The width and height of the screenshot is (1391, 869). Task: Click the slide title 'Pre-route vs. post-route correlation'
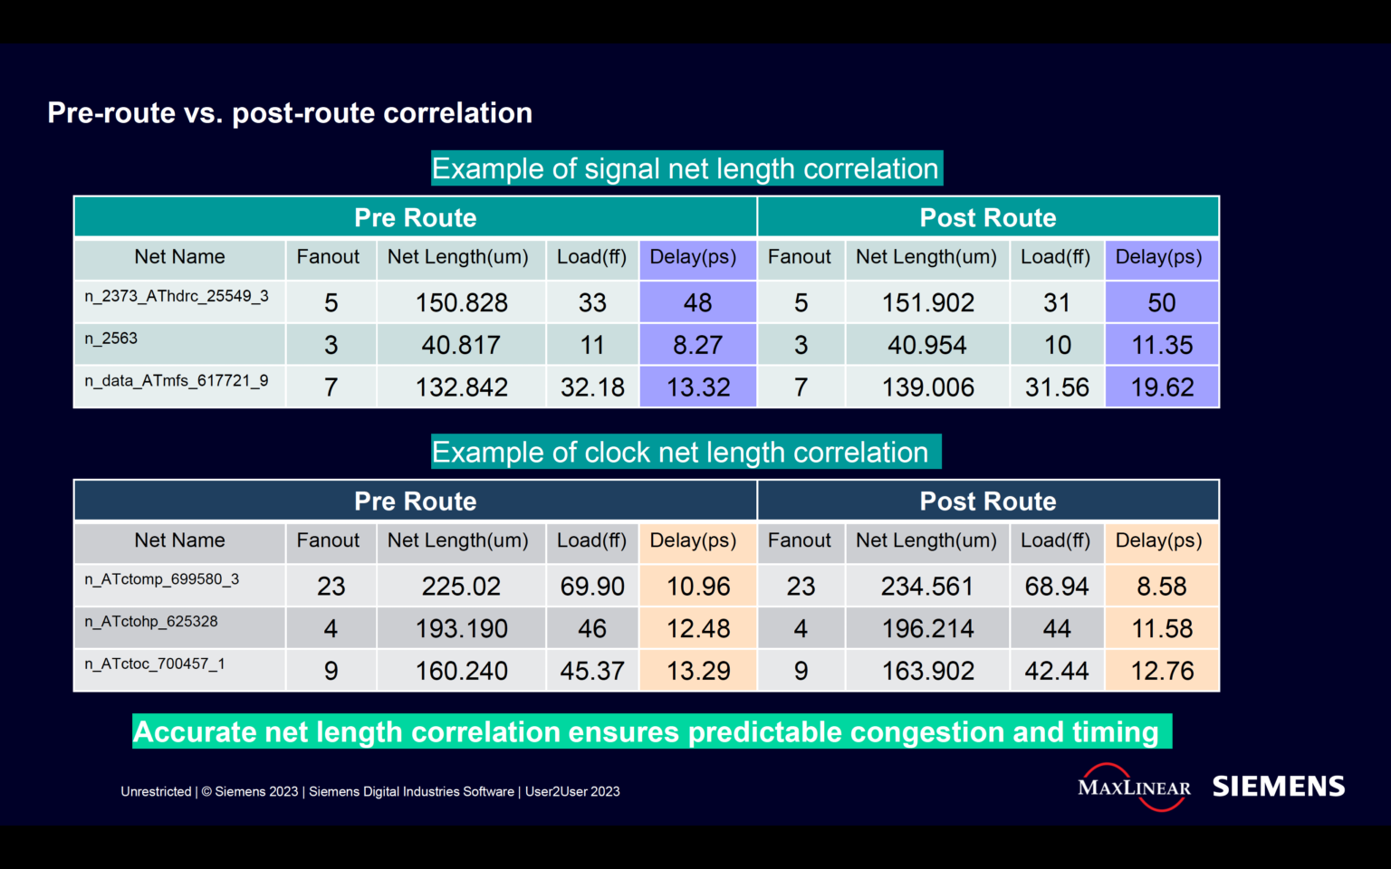click(x=290, y=113)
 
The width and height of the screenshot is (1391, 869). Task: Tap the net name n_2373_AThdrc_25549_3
click(x=177, y=296)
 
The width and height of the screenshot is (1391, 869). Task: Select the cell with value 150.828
click(x=461, y=302)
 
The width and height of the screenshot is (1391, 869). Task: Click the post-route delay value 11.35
click(x=1162, y=345)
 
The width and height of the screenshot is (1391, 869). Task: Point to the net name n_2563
click(x=111, y=339)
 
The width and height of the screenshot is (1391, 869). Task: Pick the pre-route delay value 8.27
click(x=697, y=345)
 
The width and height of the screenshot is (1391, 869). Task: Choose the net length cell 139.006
click(x=928, y=387)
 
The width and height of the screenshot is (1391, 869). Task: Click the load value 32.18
click(x=592, y=387)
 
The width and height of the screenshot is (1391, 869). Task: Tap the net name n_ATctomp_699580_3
click(x=162, y=579)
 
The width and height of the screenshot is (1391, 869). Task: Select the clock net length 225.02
click(x=461, y=587)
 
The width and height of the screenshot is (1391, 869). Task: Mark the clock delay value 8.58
click(x=1162, y=587)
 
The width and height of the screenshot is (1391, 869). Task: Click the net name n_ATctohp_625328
click(x=151, y=622)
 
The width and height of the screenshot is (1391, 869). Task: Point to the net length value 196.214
click(x=928, y=628)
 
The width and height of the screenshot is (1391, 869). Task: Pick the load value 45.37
click(x=592, y=671)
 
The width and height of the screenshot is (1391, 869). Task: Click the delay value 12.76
click(x=1162, y=671)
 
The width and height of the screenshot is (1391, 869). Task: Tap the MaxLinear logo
click(x=1134, y=787)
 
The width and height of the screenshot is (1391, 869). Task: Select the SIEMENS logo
click(x=1279, y=787)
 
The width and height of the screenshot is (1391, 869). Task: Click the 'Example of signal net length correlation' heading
click(x=686, y=168)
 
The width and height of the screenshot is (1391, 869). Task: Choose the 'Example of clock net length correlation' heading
click(x=680, y=452)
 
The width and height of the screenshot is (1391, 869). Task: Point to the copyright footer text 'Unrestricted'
click(x=156, y=792)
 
